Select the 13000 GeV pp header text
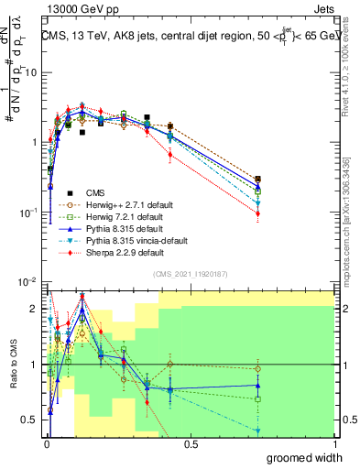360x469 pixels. pos(78,8)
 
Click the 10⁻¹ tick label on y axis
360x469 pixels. pos(27,213)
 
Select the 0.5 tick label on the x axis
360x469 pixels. pos(191,443)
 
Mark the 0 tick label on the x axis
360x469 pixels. pos(48,443)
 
